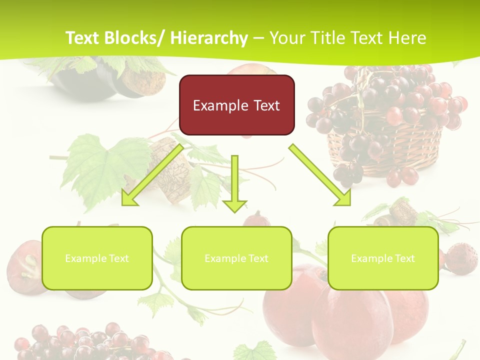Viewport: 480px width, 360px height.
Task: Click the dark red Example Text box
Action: [x=236, y=105]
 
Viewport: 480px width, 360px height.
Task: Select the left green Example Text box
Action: [x=97, y=258]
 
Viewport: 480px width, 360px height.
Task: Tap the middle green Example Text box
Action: [x=236, y=258]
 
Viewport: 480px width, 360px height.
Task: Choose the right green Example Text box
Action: [x=383, y=258]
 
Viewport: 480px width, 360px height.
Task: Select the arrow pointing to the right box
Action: [x=320, y=175]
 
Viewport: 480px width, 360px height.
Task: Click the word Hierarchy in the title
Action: [x=209, y=38]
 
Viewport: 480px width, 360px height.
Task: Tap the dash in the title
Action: [x=258, y=38]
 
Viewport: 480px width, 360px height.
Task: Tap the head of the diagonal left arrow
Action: [x=129, y=198]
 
